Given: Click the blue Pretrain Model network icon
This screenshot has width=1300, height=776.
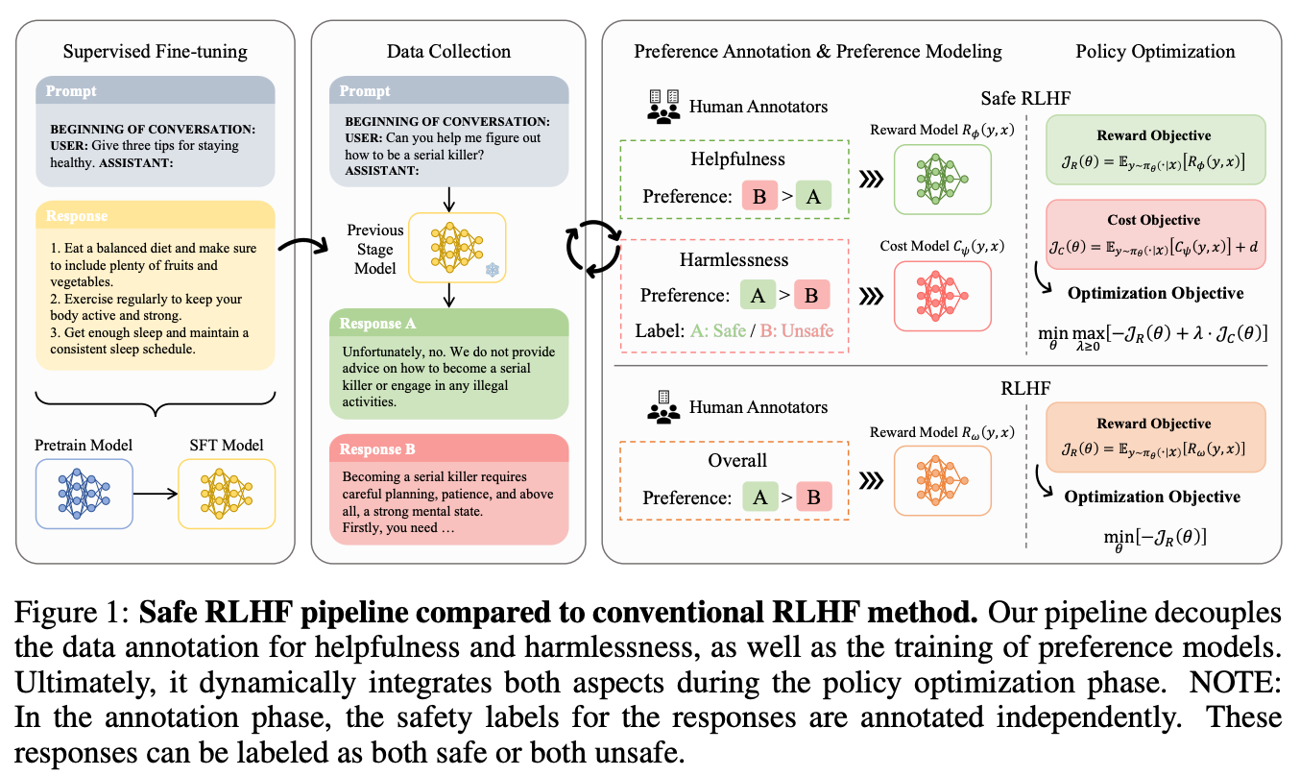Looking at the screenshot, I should (84, 494).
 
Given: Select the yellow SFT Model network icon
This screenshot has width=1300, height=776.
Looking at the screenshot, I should (227, 494).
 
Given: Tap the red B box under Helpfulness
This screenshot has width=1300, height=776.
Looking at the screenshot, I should (758, 196).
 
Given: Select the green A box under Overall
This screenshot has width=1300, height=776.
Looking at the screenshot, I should (758, 497).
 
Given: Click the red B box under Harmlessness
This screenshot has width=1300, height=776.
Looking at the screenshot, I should (811, 295).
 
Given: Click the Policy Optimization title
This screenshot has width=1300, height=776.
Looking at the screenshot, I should (1155, 51).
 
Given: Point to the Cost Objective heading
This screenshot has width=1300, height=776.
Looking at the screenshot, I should (1153, 220).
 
